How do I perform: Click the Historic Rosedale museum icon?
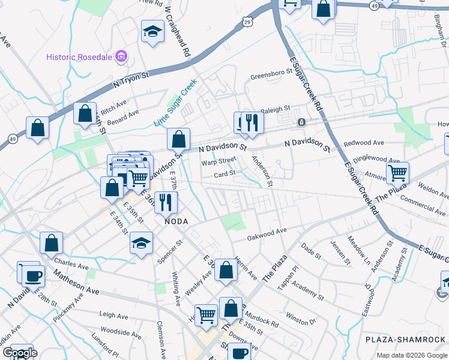click(122, 57)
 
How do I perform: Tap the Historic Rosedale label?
click(80, 57)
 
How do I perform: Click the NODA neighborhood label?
click(177, 221)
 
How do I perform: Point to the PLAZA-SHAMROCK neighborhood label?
click(406, 340)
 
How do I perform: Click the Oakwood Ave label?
click(268, 234)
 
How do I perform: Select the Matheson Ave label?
click(76, 281)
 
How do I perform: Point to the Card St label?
click(224, 175)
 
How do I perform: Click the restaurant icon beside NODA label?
click(166, 202)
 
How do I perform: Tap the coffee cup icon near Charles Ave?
click(33, 276)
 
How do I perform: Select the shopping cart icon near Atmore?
click(397, 173)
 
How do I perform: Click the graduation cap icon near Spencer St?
click(141, 242)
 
